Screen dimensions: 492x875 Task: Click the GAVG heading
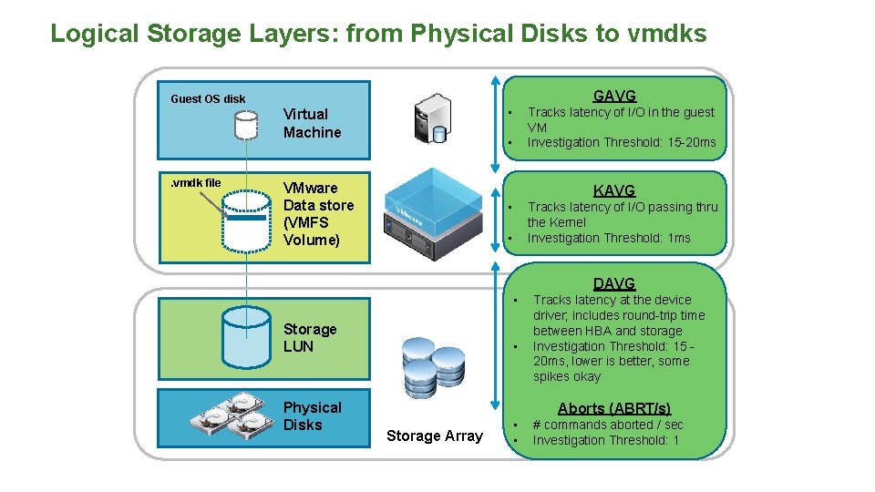pyautogui.click(x=614, y=96)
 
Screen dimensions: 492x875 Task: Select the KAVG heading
pyautogui.click(x=614, y=190)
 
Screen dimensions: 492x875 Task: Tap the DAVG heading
pyautogui.click(x=614, y=283)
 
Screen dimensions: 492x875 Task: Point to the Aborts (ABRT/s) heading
pyautogui.click(x=614, y=408)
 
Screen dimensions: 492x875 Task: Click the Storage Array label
pyautogui.click(x=435, y=436)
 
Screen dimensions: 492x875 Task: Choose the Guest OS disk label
pyautogui.click(x=208, y=98)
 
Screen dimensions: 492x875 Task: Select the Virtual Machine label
pyautogui.click(x=312, y=123)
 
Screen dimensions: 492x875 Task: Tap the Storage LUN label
pyautogui.click(x=310, y=337)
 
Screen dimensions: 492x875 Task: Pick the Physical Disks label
pyautogui.click(x=312, y=415)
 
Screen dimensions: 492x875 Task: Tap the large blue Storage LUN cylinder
pyautogui.click(x=246, y=335)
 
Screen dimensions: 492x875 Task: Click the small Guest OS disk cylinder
pyautogui.click(x=244, y=124)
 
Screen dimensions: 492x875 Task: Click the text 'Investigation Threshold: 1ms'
pyautogui.click(x=609, y=238)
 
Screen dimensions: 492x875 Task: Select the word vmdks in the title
pyautogui.click(x=667, y=34)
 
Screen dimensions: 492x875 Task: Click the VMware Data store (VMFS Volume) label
pyautogui.click(x=318, y=214)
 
